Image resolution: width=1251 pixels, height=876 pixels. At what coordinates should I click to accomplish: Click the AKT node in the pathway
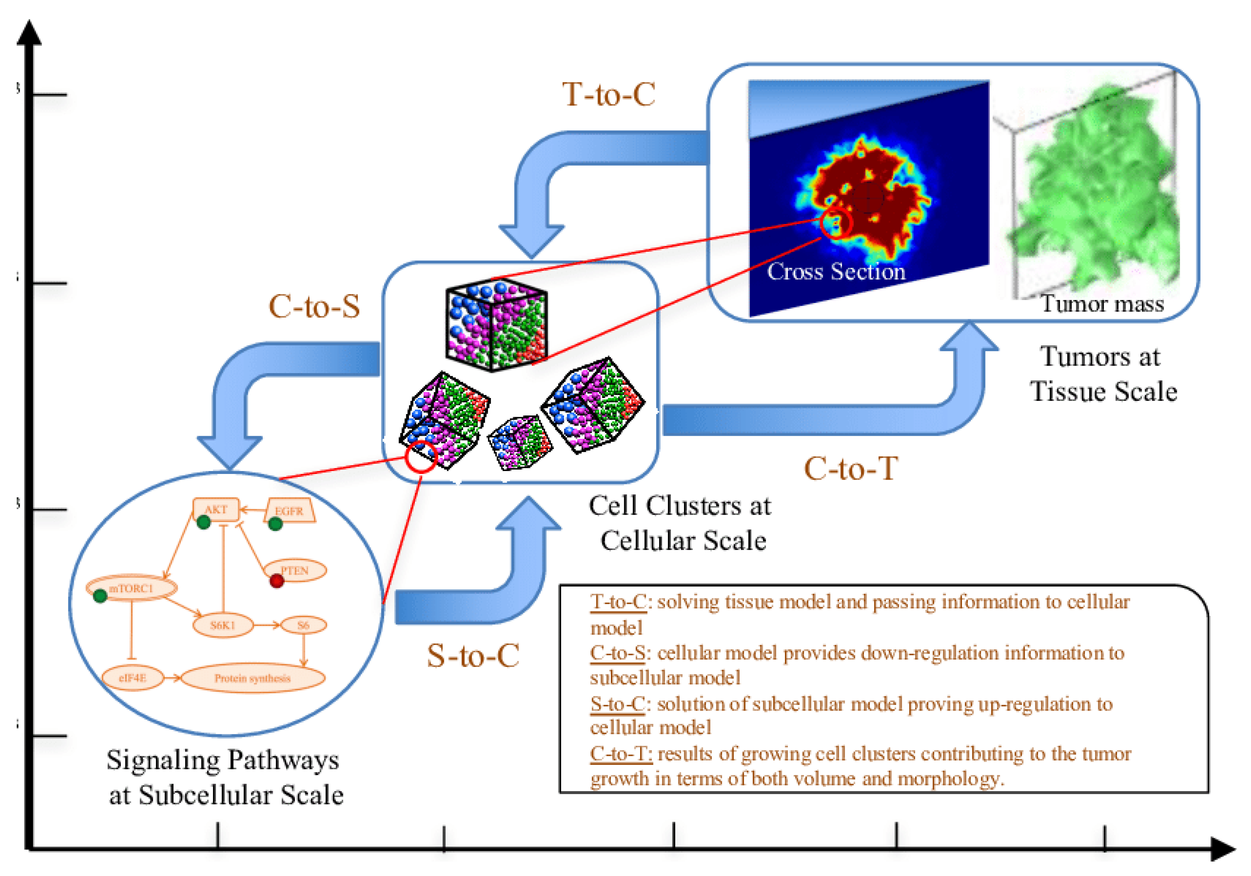tap(216, 510)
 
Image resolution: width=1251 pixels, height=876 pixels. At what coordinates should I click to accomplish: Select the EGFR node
tap(289, 511)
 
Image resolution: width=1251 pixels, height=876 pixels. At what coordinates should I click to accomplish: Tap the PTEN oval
tap(295, 570)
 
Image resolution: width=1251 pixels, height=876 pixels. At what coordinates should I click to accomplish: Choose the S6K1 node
tap(223, 625)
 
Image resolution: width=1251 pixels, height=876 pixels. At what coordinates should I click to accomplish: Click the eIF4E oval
tap(132, 678)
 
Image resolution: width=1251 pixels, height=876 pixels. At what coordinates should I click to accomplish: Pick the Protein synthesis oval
tap(252, 678)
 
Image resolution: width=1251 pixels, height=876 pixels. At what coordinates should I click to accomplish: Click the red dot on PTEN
tap(277, 581)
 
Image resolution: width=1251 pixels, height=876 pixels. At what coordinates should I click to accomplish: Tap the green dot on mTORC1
tap(100, 596)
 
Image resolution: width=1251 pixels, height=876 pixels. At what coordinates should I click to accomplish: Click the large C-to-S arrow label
tap(314, 306)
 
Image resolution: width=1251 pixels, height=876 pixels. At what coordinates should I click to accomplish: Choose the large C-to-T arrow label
tap(851, 468)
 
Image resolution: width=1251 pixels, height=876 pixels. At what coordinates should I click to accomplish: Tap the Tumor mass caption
tap(1102, 304)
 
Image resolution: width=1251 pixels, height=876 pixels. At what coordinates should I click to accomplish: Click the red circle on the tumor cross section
tap(835, 223)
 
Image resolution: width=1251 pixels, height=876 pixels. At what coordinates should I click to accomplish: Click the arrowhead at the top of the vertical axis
tap(29, 33)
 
